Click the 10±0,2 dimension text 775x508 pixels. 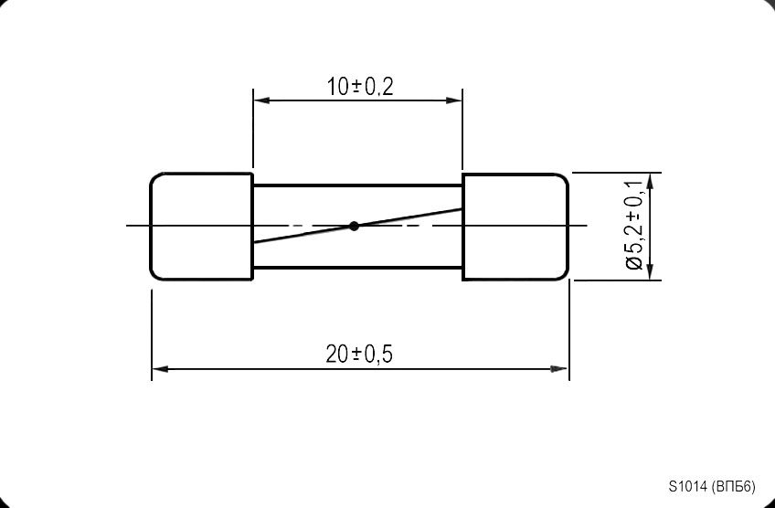pos(359,87)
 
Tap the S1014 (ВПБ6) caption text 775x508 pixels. pos(712,486)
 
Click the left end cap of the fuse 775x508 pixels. pos(201,226)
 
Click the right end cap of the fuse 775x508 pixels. pos(515,226)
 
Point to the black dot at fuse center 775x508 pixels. pos(355,226)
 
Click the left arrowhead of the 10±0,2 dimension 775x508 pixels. pos(260,101)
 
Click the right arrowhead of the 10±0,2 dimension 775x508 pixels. pos(455,101)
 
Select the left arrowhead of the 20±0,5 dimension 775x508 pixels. pos(159,368)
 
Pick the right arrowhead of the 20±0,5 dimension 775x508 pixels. pos(559,368)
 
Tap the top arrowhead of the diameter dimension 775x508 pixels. pos(649,180)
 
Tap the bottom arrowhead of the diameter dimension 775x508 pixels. pos(649,272)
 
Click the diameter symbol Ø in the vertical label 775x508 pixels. pos(635,264)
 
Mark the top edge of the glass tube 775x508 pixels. pos(356,185)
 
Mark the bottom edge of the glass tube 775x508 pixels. pos(356,268)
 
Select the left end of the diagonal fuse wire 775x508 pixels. pos(255,242)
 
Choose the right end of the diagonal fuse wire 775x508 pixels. pos(460,209)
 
